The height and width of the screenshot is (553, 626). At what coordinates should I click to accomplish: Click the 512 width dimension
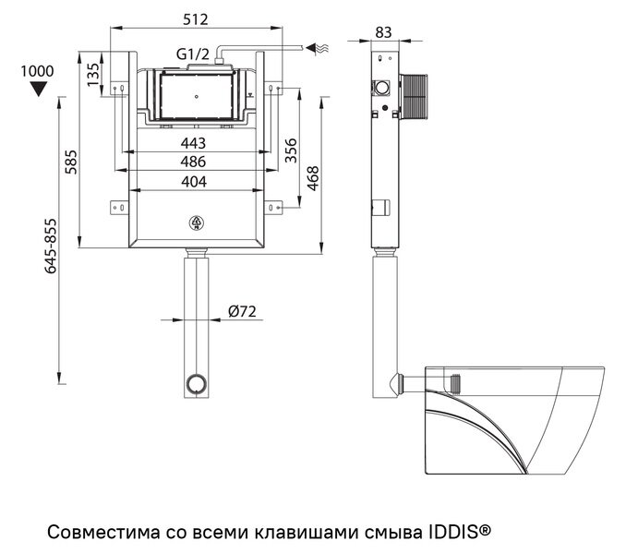(194, 18)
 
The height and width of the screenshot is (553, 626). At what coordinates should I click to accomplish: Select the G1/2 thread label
(194, 53)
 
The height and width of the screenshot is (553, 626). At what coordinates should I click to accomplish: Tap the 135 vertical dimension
(92, 73)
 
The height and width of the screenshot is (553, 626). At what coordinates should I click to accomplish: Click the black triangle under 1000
(37, 90)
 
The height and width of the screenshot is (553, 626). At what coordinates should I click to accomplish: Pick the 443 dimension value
(193, 143)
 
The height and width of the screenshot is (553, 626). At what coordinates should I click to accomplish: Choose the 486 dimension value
(193, 162)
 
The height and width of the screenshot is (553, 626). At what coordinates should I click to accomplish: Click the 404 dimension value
(193, 182)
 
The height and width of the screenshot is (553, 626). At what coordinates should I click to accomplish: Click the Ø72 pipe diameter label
(241, 311)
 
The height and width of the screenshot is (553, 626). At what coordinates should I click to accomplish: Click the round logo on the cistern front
(196, 222)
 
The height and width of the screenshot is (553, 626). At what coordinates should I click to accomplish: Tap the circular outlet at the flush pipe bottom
(196, 382)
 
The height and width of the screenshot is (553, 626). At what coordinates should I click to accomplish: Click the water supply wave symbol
(319, 45)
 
